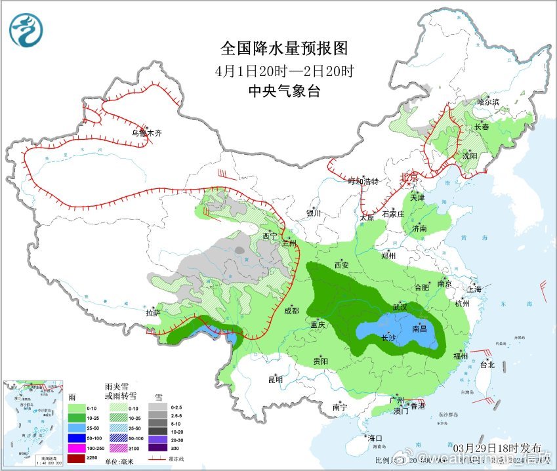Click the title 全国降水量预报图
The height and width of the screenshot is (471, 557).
pyautogui.click(x=283, y=49)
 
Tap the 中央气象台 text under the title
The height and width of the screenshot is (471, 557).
pyautogui.click(x=283, y=91)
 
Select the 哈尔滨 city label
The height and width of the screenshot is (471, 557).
pyautogui.click(x=488, y=102)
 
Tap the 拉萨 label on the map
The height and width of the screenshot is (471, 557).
pyautogui.click(x=152, y=314)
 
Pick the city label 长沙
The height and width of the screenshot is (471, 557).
pyautogui.click(x=389, y=338)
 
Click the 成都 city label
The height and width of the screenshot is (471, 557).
pyautogui.click(x=291, y=310)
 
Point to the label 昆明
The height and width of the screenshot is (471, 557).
pyautogui.click(x=275, y=379)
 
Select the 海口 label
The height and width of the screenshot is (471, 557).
pyautogui.click(x=375, y=438)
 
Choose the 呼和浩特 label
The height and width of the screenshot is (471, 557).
pyautogui.click(x=363, y=182)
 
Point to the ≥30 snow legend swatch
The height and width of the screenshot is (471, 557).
pyautogui.click(x=157, y=447)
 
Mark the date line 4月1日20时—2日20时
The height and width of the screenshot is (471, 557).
pyautogui.click(x=283, y=70)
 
